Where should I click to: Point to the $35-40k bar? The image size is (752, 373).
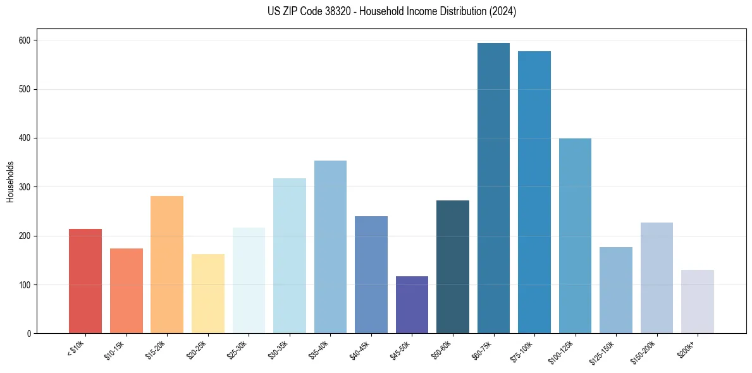(330, 247)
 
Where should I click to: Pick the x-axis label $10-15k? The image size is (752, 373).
(114, 350)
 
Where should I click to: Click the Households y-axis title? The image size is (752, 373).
(11, 181)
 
